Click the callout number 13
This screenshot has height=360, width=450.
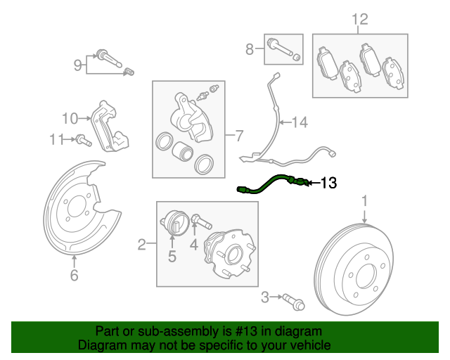click(x=328, y=183)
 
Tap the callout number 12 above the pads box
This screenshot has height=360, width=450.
click(x=360, y=19)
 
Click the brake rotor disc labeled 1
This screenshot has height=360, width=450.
click(x=354, y=269)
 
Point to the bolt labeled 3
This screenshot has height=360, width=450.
click(x=294, y=302)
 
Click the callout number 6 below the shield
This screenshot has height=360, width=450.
click(x=74, y=276)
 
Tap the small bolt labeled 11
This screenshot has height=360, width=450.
click(x=84, y=141)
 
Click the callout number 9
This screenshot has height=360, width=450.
click(x=78, y=65)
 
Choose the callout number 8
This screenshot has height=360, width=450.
click(x=250, y=49)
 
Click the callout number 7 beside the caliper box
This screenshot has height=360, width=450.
click(x=239, y=136)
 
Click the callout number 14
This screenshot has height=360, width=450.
click(x=300, y=122)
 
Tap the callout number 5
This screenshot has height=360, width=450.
click(x=172, y=257)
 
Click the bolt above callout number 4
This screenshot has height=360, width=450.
click(x=202, y=221)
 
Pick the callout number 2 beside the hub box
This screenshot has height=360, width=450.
click(x=142, y=245)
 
